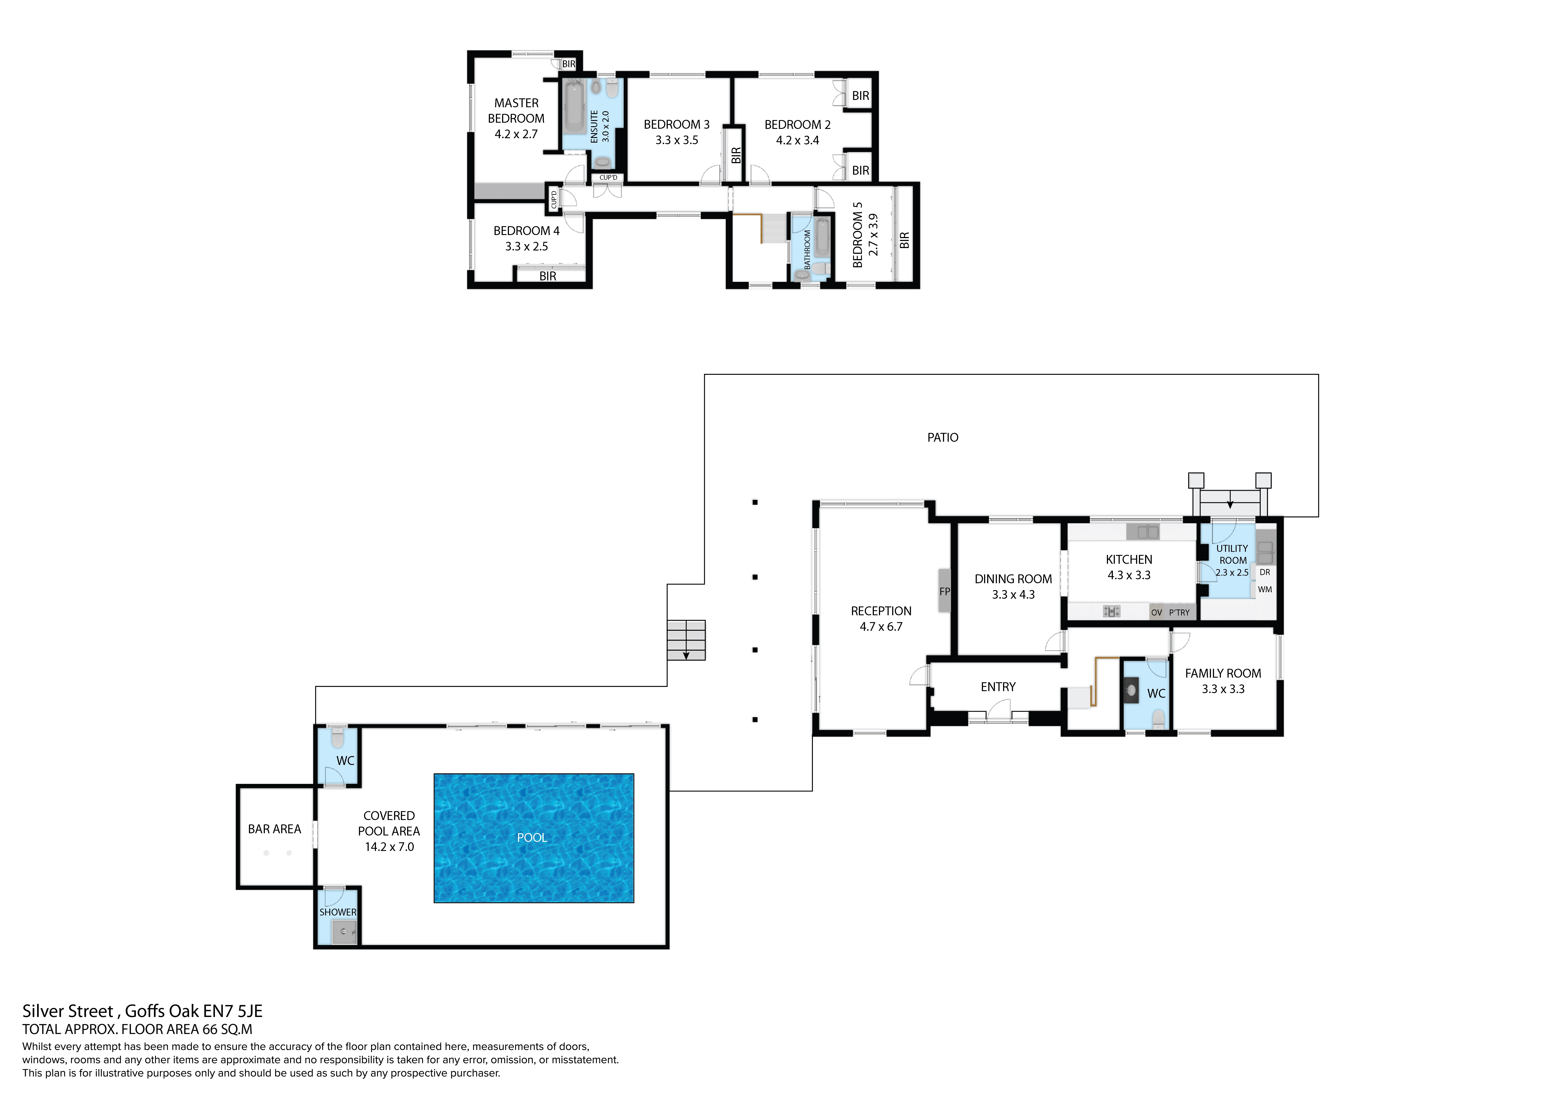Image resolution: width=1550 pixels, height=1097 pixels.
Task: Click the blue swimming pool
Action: tap(533, 838)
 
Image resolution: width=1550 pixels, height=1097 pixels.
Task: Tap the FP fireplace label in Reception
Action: tap(945, 591)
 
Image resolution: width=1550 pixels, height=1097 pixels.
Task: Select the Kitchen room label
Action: tap(1129, 559)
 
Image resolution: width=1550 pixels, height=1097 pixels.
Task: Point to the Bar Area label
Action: tap(274, 829)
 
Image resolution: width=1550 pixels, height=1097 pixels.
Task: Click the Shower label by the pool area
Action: tap(338, 912)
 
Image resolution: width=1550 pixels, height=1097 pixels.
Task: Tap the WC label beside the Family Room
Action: tap(1156, 693)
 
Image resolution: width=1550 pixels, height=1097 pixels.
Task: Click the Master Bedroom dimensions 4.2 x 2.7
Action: tap(516, 134)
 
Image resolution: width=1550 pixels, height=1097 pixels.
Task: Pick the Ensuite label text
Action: tap(594, 126)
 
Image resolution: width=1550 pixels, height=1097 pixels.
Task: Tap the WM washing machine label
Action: tap(1264, 589)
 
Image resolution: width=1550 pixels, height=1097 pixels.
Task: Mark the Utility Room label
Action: tap(1232, 554)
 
